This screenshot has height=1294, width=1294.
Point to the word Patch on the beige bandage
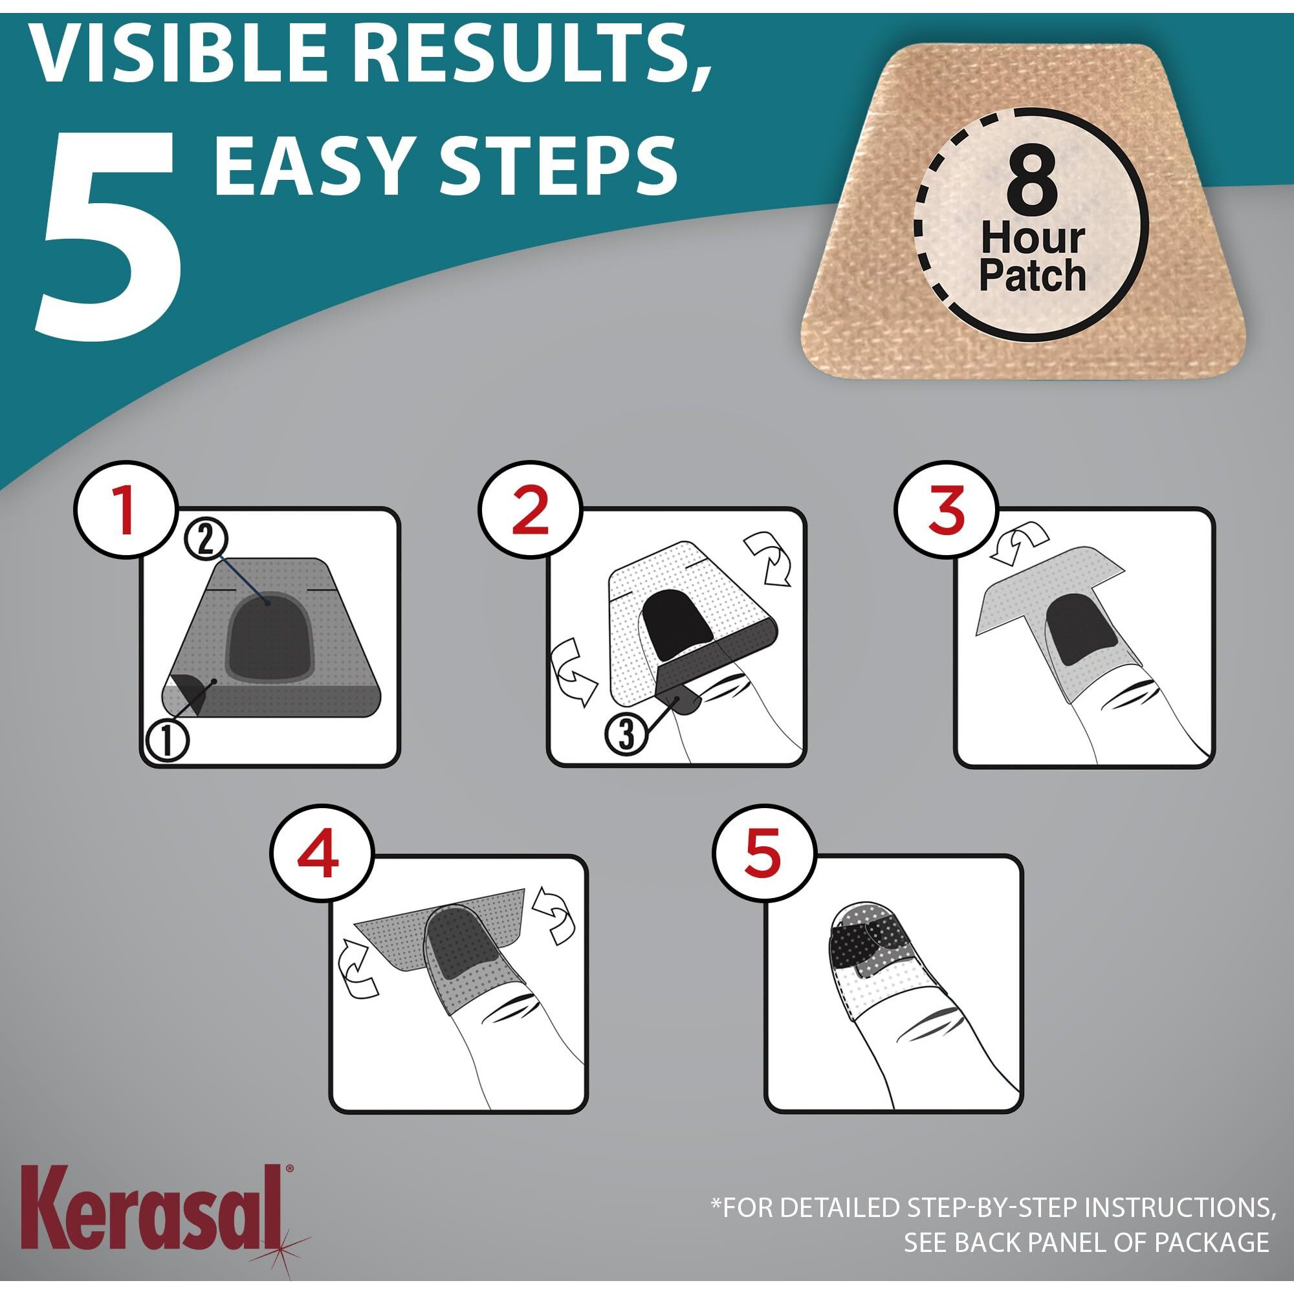click(x=1032, y=276)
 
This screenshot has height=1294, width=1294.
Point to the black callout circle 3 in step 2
click(x=626, y=734)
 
